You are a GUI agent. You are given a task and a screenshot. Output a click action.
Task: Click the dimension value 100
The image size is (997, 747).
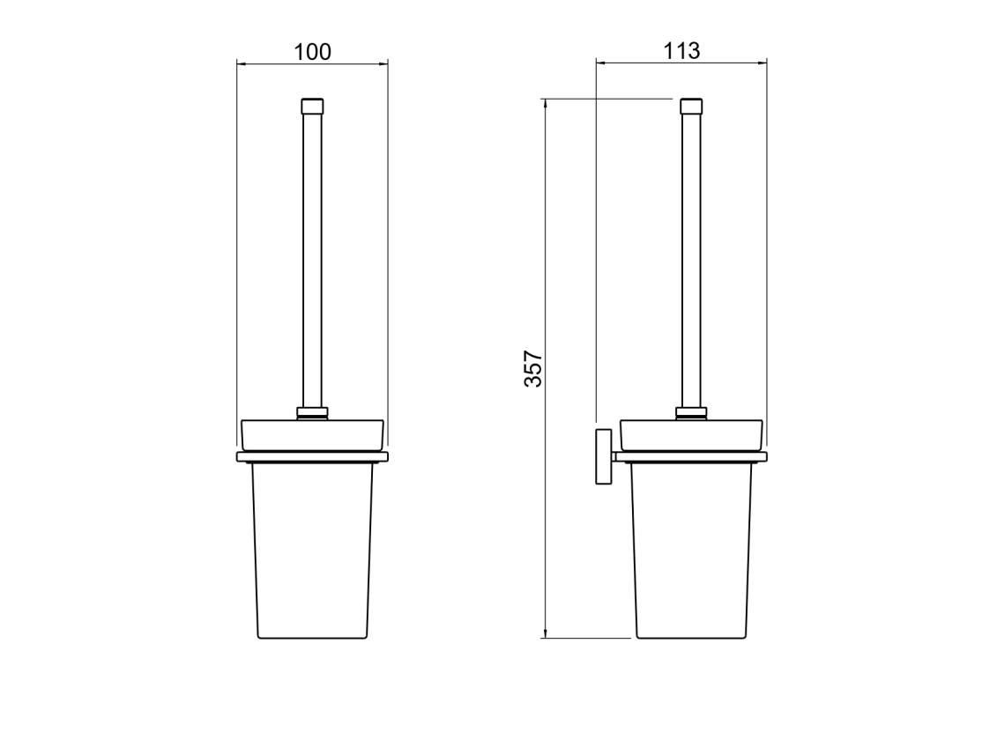312,51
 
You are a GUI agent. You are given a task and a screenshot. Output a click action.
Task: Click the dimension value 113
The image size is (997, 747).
681,50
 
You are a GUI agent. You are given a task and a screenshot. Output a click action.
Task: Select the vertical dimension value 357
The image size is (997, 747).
532,368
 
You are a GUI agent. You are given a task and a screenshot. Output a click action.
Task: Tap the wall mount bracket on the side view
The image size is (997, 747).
604,456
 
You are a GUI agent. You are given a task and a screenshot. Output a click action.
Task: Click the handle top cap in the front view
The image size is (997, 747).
312,106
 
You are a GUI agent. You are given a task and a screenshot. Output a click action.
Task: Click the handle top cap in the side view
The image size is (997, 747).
691,106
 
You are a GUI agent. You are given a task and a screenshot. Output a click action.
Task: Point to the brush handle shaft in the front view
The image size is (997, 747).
312,261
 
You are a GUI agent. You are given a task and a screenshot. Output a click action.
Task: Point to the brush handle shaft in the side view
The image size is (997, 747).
691,261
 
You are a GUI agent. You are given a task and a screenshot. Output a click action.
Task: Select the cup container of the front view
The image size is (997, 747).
312,550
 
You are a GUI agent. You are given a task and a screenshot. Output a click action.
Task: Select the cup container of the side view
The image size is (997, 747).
691,550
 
